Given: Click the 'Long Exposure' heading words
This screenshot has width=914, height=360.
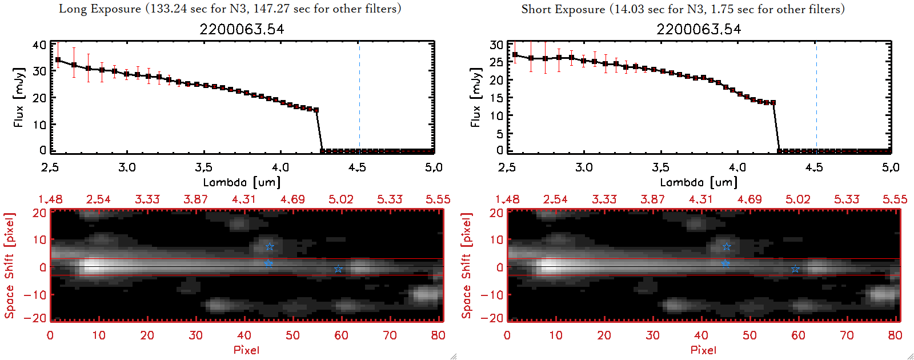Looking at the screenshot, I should coord(100,9).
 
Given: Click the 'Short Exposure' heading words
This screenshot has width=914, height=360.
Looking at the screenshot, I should coord(563,9).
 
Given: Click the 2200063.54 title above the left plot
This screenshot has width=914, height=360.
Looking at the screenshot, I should coord(242,29).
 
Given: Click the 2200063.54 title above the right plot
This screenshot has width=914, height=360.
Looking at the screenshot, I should coord(699,29).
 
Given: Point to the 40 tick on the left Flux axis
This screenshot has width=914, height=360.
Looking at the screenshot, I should coord(39,45).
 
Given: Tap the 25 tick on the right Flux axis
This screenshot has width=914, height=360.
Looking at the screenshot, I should coord(496,62).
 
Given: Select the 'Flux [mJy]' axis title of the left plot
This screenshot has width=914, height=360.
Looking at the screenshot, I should coord(19,97).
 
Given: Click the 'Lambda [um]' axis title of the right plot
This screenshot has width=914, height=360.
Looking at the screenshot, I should coord(699,182).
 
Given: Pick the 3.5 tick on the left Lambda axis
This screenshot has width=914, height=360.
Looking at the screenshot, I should coord(203,167).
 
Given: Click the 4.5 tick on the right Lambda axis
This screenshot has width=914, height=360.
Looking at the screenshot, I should coord(814,167).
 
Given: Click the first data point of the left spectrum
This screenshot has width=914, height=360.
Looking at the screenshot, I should coord(58,59).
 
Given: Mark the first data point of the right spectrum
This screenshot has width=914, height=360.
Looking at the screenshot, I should coord(515,55).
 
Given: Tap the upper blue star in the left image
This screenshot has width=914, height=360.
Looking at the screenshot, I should coord(270,247).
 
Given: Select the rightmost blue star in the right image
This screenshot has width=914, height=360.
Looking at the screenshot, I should coord(795,269).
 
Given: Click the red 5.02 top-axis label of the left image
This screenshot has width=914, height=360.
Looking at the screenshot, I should coord(341,199).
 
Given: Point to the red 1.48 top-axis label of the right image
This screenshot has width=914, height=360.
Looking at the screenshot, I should coord(507,199).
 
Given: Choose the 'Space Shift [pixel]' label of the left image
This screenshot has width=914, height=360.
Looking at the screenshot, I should coord(9,266).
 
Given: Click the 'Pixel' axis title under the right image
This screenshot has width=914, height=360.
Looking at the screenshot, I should coord(703,350).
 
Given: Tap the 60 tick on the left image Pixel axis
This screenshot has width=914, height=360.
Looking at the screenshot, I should coord(341,335).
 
